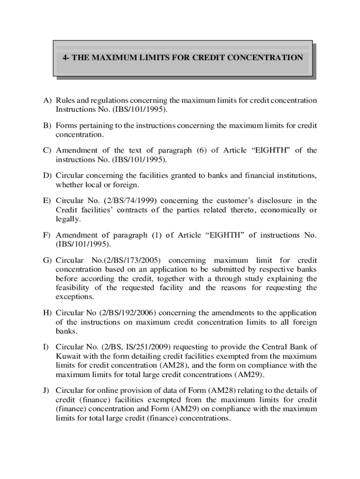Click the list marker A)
click(48, 101)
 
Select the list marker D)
click(48, 175)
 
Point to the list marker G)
click(48, 260)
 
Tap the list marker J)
click(48, 390)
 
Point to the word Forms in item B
click(66, 125)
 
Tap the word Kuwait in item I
click(68, 356)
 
